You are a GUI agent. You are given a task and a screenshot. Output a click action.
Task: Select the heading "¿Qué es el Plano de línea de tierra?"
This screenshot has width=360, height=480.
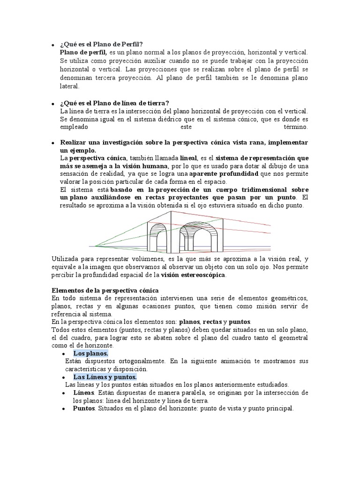pyautogui.click(x=114, y=103)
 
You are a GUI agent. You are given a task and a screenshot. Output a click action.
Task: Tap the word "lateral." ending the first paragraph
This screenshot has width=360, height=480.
pyautogui.click(x=70, y=86)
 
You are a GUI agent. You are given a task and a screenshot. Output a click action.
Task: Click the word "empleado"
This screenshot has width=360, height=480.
pyautogui.click(x=75, y=127)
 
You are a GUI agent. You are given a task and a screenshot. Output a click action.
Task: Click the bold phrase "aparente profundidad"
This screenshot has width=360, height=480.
pyautogui.click(x=220, y=174)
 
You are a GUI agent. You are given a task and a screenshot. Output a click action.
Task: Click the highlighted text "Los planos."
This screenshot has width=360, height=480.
pyautogui.click(x=90, y=353)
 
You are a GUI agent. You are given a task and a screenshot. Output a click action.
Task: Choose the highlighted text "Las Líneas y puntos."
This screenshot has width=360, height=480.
pyautogui.click(x=105, y=376)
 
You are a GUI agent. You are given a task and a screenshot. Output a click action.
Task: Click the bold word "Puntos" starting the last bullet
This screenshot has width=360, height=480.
pyautogui.click(x=84, y=408)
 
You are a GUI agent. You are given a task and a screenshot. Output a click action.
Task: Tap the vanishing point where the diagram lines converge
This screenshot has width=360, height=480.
pyautogui.click(x=95, y=246)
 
